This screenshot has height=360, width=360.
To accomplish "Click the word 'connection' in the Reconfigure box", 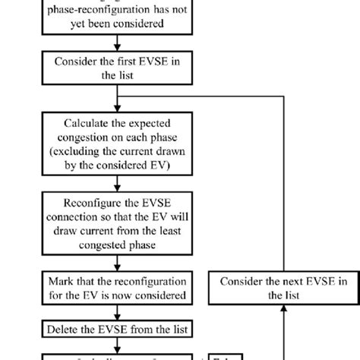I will [88, 218].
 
